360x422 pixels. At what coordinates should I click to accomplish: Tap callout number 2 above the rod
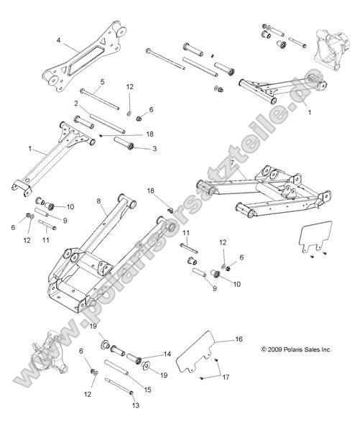[75, 104]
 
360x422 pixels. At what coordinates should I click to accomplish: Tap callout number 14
[167, 354]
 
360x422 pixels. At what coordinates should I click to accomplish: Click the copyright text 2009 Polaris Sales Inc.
[296, 350]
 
